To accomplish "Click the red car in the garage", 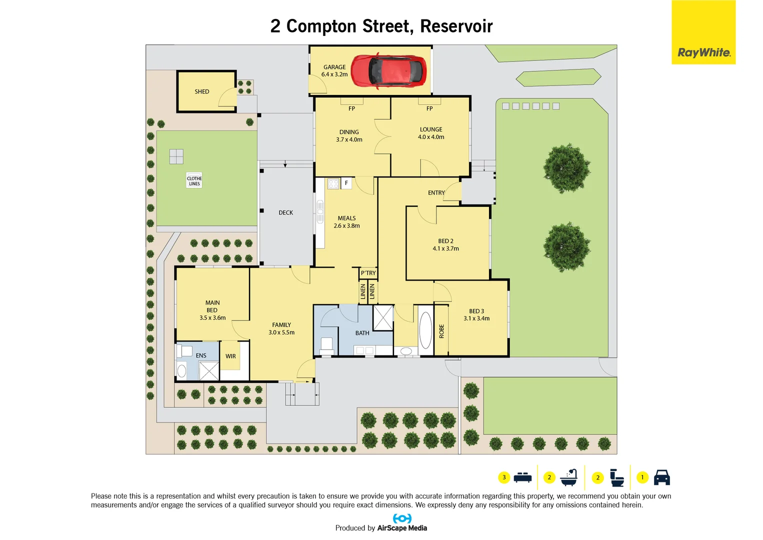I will (388, 71).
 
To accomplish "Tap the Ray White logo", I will (703, 52).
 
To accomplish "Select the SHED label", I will (202, 91).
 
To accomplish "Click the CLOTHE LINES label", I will (194, 181).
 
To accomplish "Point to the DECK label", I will (286, 212).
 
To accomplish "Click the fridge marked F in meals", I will (346, 183).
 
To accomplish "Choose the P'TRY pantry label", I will (368, 273).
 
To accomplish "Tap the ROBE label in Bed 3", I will (441, 331).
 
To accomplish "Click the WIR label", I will (230, 356).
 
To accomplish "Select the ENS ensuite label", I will (201, 356).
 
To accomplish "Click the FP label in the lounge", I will (429, 108).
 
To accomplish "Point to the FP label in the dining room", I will (352, 108).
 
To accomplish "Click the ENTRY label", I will (436, 193).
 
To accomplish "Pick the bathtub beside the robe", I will (425, 330).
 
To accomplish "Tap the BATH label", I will (362, 333).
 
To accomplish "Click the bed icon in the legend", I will (522, 477).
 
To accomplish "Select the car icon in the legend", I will (662, 477).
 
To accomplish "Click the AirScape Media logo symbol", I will (402, 518).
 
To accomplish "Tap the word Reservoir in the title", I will (456, 26).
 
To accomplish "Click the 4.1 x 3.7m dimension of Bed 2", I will (446, 248).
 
